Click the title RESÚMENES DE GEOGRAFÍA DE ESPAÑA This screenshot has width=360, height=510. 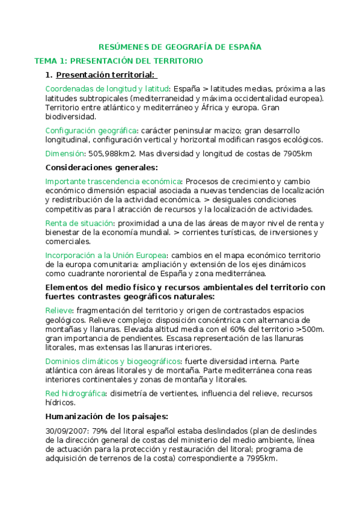click(x=180, y=47)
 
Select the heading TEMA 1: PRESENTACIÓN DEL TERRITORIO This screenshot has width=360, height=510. click(x=118, y=61)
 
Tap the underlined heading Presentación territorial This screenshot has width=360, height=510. click(x=105, y=75)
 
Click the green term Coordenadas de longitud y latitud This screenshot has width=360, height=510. click(x=107, y=88)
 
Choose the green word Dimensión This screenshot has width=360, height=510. click(x=64, y=153)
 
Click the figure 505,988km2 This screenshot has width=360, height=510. click(x=114, y=153)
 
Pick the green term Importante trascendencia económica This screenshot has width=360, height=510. click(x=114, y=180)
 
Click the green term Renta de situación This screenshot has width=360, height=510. click(x=81, y=223)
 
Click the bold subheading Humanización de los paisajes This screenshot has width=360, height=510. click(x=107, y=416)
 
